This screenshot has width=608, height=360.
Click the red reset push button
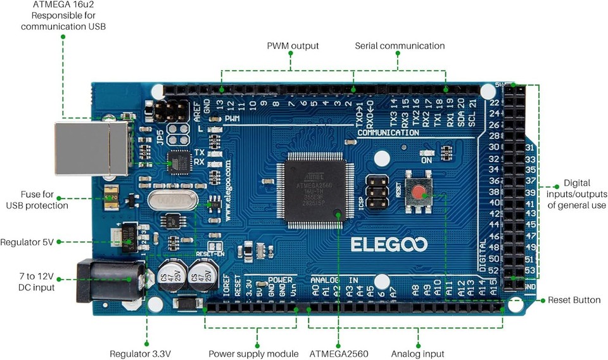(x=418, y=193)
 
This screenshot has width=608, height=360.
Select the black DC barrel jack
(x=104, y=281)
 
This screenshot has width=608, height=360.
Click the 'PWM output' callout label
(x=293, y=46)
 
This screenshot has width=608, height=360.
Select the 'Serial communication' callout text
(x=400, y=46)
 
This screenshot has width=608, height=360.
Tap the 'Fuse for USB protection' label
(x=37, y=200)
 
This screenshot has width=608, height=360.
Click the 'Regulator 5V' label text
(x=31, y=242)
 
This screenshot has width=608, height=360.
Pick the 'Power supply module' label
(x=253, y=354)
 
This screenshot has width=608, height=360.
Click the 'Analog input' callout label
(x=417, y=354)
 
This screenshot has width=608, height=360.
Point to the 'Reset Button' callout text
(x=574, y=300)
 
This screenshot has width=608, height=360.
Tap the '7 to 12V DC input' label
(x=37, y=281)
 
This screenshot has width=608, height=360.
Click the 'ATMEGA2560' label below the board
(x=339, y=354)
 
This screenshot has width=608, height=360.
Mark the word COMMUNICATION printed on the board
(x=388, y=133)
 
